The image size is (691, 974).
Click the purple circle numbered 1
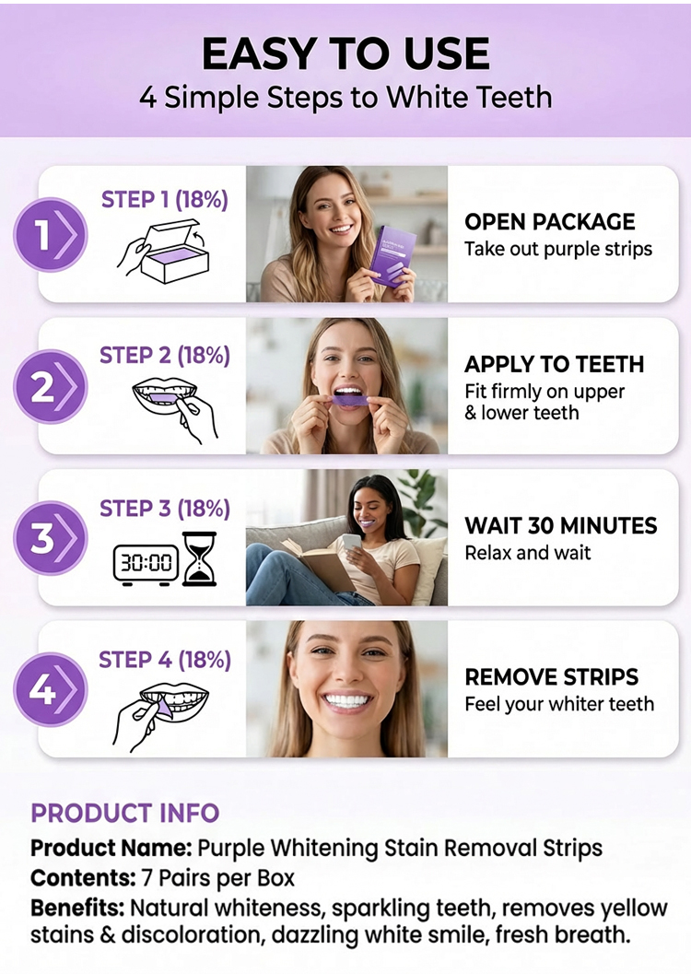tap(51, 235)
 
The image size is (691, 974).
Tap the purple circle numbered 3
tap(51, 538)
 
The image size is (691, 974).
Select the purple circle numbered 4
tap(51, 689)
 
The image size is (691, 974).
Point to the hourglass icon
tap(200, 559)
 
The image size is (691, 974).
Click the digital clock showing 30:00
tap(146, 563)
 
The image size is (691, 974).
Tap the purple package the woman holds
tap(392, 256)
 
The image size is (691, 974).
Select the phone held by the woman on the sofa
tap(352, 542)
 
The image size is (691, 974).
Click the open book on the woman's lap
tap(318, 564)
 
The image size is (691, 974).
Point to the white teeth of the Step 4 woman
tap(347, 701)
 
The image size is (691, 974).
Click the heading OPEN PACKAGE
tap(549, 222)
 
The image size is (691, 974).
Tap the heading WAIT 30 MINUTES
tap(560, 525)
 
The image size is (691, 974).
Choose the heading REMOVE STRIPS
tap(551, 676)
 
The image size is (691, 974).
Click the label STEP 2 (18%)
tap(165, 356)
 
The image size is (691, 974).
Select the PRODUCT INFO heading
tap(124, 813)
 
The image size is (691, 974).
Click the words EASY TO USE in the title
tap(345, 53)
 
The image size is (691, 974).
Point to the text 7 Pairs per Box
tap(218, 878)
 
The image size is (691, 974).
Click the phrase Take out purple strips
tap(558, 249)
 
